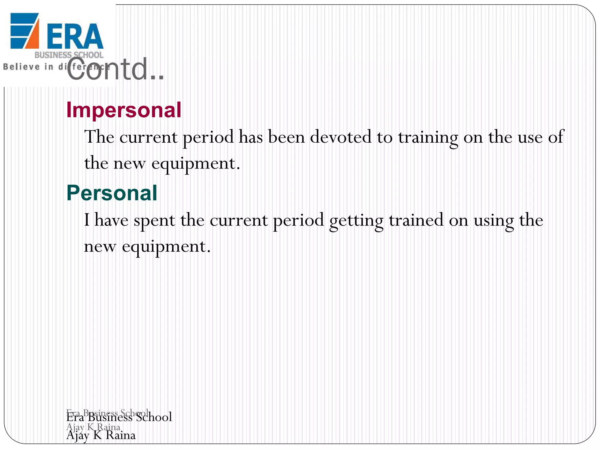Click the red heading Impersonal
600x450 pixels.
pos(124,110)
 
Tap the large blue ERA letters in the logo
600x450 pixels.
pos(75,36)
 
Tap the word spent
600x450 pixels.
pos(154,221)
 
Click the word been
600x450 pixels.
pos(286,137)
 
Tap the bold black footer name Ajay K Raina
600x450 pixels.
pos(101,435)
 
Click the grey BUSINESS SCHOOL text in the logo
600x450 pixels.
pos(69,55)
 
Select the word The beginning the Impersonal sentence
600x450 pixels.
pos(99,137)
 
